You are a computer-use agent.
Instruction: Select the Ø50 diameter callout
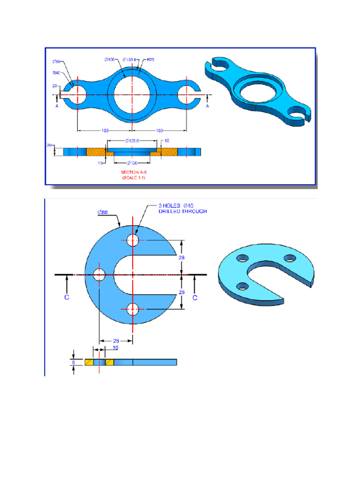[57, 61]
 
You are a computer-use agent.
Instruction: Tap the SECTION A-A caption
[134, 172]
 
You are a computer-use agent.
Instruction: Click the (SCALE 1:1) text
[134, 178]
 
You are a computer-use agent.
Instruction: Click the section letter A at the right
[207, 106]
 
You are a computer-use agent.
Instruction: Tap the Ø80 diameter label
[103, 212]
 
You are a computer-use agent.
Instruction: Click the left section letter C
[67, 298]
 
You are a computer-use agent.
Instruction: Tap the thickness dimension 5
[73, 362]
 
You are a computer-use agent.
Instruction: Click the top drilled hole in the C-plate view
[133, 241]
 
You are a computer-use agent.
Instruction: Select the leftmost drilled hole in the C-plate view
[99, 275]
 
